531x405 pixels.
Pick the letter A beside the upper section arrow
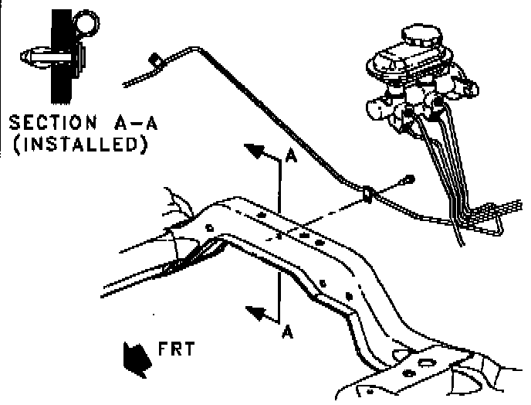[290, 157]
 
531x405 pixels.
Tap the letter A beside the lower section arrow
[287, 332]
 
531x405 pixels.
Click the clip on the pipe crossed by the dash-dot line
[368, 193]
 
